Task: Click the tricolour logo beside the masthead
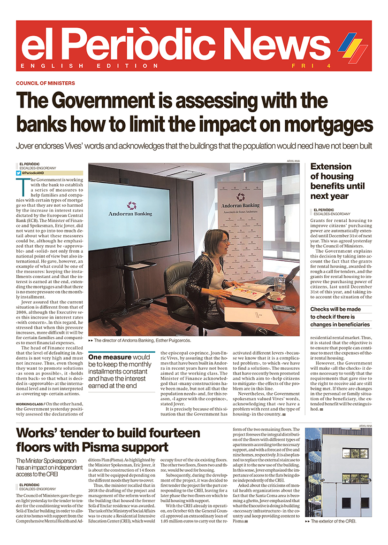point(352,46)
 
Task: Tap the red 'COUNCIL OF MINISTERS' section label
point(45,83)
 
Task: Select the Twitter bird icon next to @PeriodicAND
point(18,173)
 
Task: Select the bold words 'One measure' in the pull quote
point(109,358)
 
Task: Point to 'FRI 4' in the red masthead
point(311,66)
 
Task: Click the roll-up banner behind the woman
point(240,216)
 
